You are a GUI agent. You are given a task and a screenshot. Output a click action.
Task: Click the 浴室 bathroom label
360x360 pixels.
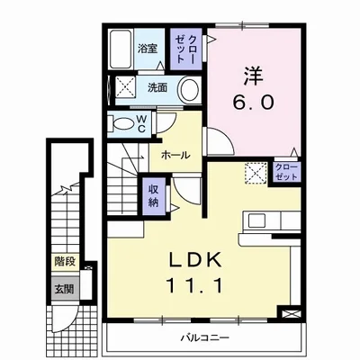point(148,49)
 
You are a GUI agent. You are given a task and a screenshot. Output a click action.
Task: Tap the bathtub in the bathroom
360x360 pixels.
point(121,49)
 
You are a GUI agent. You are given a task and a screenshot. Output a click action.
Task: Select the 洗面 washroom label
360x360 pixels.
point(157,87)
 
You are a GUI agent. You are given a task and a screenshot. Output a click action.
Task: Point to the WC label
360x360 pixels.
point(142,124)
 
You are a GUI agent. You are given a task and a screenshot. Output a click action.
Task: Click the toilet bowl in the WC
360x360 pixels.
point(123,124)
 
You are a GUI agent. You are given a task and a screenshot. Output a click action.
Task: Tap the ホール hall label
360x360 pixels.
point(175,155)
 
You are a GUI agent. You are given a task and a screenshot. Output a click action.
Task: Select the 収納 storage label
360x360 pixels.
point(154,196)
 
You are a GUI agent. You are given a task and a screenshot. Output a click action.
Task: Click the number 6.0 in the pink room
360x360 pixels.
point(254,103)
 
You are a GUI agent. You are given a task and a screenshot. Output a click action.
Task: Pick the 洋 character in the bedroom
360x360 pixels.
point(254,76)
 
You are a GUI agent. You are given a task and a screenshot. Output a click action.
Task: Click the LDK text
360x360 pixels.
point(195,259)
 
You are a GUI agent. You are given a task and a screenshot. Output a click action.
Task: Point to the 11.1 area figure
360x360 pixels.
point(195,285)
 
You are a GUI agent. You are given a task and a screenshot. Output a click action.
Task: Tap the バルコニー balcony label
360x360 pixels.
point(205,338)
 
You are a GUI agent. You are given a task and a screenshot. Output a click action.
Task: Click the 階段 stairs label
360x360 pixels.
point(65,262)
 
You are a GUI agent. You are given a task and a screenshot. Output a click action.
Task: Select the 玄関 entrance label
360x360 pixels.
point(64,289)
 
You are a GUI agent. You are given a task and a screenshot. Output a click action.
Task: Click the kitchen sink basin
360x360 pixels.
point(256,220)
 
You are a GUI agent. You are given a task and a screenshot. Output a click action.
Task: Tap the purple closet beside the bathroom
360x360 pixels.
point(186,49)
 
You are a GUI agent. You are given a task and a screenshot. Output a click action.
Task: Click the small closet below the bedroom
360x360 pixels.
point(286,172)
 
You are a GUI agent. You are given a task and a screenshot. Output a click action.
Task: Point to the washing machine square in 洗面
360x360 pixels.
point(125,86)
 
